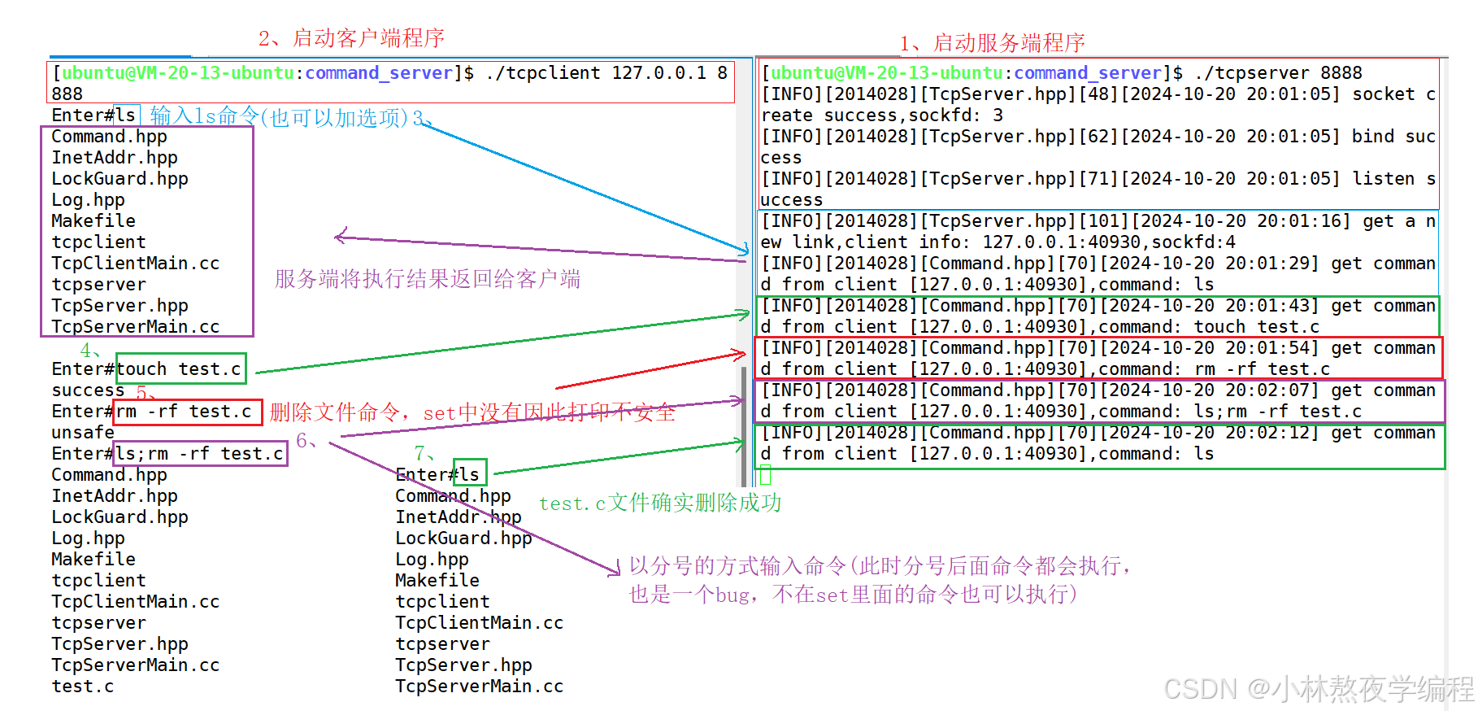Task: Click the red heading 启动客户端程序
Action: [367, 38]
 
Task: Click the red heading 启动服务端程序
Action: [1008, 42]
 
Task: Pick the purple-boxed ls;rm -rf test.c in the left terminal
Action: [199, 454]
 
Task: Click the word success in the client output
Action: [88, 390]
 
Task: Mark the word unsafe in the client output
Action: [83, 433]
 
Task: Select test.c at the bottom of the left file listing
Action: [83, 687]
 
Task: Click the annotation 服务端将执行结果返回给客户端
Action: [428, 280]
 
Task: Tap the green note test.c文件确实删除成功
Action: [659, 504]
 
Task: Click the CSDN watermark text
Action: [1317, 689]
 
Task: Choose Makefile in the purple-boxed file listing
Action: [93, 221]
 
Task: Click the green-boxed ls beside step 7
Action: [470, 475]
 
